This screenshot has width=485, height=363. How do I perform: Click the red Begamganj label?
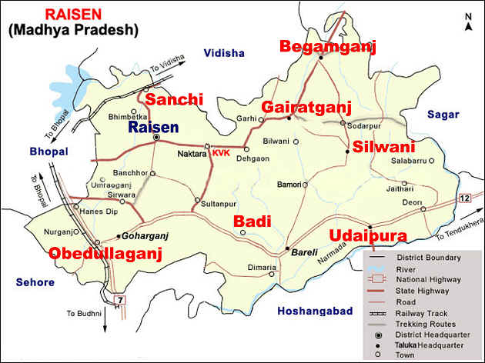click(327, 48)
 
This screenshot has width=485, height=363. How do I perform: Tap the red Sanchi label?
click(174, 100)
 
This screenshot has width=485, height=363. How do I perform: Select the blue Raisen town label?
click(153, 127)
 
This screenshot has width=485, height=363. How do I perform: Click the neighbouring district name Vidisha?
click(223, 53)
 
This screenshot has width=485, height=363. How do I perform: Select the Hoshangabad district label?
click(313, 311)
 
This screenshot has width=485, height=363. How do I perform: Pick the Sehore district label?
click(35, 283)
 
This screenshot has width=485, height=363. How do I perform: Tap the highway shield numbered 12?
click(464, 199)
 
